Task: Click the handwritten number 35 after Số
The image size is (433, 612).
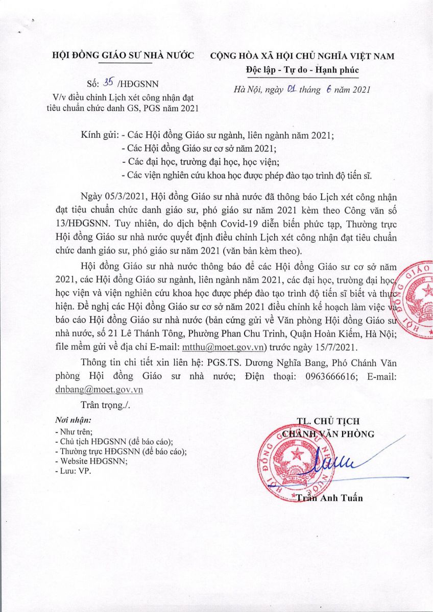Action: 108,84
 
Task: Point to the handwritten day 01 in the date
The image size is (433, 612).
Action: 292,89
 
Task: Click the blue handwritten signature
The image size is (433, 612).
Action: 337,462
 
